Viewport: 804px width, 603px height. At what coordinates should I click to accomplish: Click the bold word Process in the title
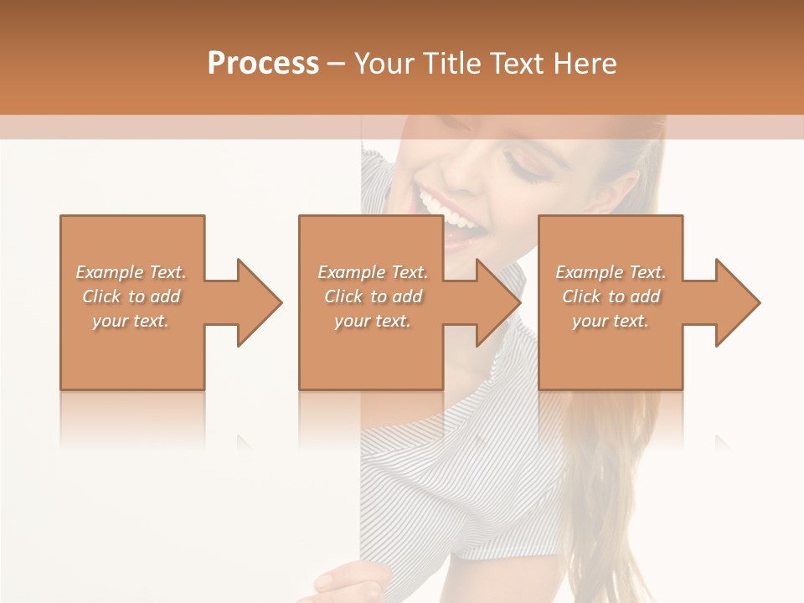[263, 64]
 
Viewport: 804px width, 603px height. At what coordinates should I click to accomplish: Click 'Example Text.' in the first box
[131, 272]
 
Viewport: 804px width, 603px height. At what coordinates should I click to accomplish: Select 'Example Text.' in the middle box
[373, 272]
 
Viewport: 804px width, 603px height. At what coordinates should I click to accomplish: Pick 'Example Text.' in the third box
[611, 272]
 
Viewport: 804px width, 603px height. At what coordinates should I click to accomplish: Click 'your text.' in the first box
[131, 321]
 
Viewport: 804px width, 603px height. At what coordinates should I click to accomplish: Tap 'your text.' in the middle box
[373, 321]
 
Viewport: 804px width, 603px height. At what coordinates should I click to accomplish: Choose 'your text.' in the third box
[611, 321]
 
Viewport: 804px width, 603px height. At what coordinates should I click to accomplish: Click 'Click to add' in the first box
[131, 296]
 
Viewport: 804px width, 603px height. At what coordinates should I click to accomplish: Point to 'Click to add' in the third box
[611, 296]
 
